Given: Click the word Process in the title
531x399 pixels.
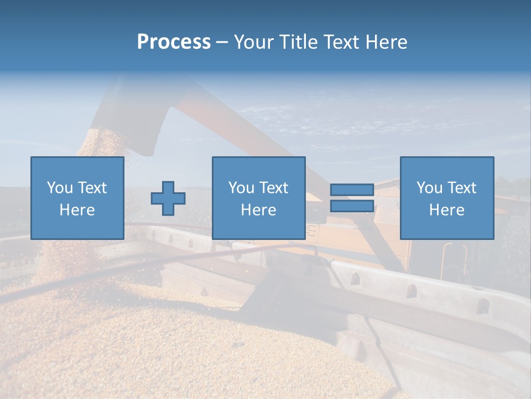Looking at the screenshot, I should click(x=174, y=42).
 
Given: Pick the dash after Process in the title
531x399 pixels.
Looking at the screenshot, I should click(x=222, y=42).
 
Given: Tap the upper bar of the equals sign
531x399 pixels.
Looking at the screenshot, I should click(x=352, y=190).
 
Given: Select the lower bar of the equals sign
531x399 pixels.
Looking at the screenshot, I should click(x=352, y=206).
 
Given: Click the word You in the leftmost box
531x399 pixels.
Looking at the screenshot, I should click(x=58, y=188).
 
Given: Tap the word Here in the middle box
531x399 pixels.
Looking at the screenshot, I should click(x=258, y=210).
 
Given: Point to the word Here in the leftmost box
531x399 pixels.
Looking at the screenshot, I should click(x=77, y=210).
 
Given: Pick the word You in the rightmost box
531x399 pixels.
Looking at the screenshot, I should click(x=429, y=188).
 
